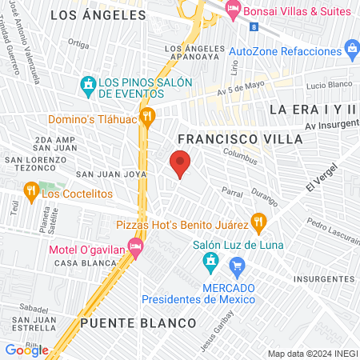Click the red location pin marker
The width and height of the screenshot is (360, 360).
click(180, 164)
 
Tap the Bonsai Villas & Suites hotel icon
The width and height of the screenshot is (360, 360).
click(234, 10)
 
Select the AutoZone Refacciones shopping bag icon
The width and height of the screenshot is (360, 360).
click(352, 50)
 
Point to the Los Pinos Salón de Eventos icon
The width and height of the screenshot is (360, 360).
click(87, 84)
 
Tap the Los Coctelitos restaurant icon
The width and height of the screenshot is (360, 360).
click(31, 190)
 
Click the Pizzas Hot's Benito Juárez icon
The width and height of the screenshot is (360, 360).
click(258, 221)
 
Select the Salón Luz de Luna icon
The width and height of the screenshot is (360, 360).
click(210, 261)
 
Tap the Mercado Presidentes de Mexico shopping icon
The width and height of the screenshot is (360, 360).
click(237, 265)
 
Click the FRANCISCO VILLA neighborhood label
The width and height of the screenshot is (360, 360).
click(240, 138)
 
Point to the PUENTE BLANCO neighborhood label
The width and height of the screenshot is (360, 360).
click(138, 322)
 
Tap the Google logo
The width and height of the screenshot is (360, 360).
click(26, 350)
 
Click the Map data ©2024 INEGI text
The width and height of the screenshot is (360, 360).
click(311, 354)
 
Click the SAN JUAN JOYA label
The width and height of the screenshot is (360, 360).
click(110, 174)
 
